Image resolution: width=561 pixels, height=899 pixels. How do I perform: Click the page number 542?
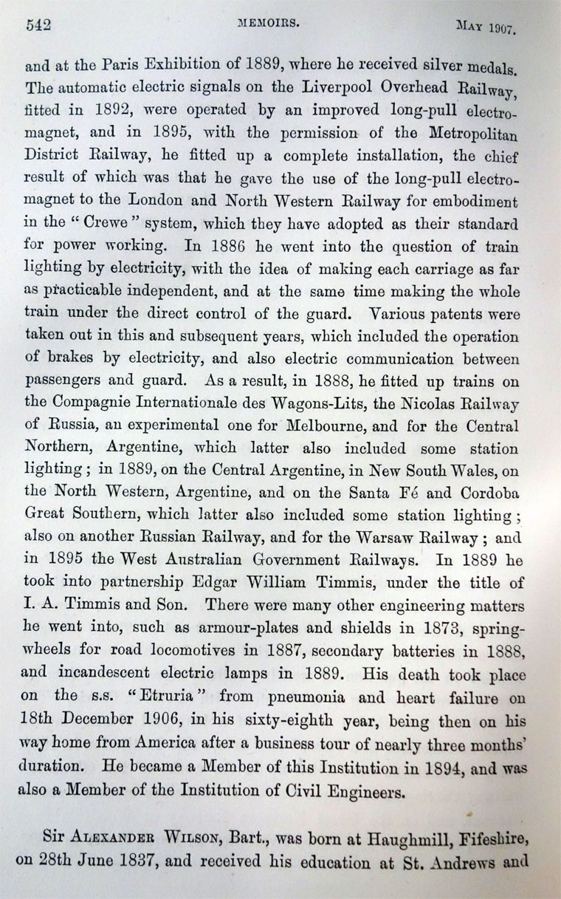[38, 24]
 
